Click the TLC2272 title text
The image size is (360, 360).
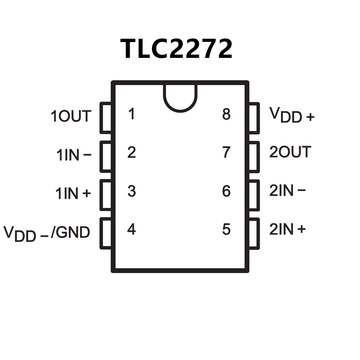tap(177, 48)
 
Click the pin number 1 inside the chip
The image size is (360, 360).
tap(131, 114)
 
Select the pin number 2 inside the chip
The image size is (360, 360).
tap(131, 153)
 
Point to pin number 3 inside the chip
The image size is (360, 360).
tap(131, 191)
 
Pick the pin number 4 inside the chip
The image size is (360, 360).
tap(131, 229)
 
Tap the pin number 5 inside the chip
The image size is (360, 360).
tap(226, 229)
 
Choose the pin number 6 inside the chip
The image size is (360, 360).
tap(226, 191)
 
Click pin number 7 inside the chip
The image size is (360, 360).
tap(226, 153)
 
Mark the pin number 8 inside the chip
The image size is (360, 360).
tap(226, 114)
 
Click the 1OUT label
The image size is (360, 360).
tap(71, 117)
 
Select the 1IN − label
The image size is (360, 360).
tap(74, 155)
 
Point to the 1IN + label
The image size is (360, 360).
tap(73, 193)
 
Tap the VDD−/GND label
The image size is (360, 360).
tap(47, 233)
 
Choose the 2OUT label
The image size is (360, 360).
tap(290, 152)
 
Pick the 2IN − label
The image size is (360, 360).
tap(287, 191)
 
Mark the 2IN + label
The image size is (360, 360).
tap(287, 229)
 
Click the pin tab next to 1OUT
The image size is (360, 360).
tap(106, 118)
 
